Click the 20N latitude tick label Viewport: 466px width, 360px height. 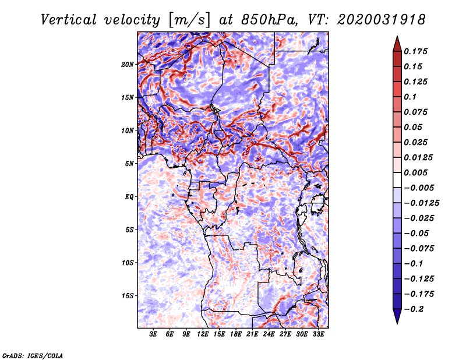pyautogui.click(x=128, y=64)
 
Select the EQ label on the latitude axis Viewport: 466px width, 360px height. pyautogui.click(x=129, y=197)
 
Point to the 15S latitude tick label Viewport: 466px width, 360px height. pyautogui.click(x=128, y=296)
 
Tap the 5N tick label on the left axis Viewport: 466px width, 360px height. pyautogui.click(x=129, y=164)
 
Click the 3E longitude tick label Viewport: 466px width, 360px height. pyautogui.click(x=153, y=334)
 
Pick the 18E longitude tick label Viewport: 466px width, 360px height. pyautogui.click(x=236, y=334)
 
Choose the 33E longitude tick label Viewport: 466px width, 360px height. pyautogui.click(x=318, y=334)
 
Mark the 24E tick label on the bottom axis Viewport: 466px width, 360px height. pyautogui.click(x=269, y=334)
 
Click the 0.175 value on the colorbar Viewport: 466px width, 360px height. pyautogui.click(x=417, y=51)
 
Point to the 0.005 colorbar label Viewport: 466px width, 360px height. pyautogui.click(x=417, y=172)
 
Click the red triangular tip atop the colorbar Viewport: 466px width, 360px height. pyautogui.click(x=397, y=41)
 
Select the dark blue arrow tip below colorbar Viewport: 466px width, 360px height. pyautogui.click(x=397, y=317)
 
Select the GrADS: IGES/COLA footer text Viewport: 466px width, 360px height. pyautogui.click(x=32, y=355)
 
